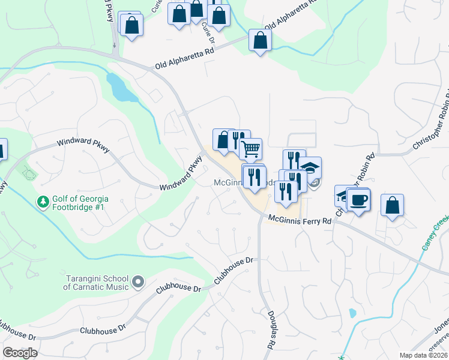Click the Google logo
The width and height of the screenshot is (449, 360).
point(20,353)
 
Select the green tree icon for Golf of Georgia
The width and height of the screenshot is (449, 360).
point(43,202)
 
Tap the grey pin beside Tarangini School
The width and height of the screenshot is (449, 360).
point(139,281)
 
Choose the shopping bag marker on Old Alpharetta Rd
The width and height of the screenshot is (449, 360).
point(260,40)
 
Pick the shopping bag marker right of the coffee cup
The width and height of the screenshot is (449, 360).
point(392,205)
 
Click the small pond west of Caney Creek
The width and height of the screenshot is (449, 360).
point(353,313)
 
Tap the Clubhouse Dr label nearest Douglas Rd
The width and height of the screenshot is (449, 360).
point(235,270)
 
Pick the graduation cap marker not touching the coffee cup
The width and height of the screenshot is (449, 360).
point(310,167)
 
